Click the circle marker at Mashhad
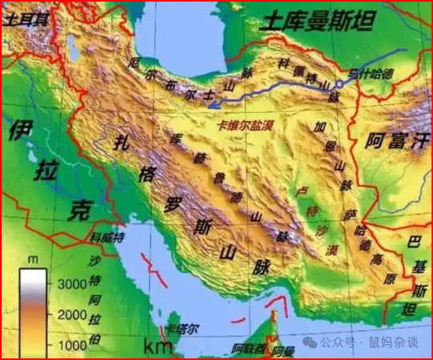point(340,83)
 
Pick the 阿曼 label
point(283,351)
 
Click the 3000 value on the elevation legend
point(71,283)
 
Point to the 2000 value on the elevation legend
point(71,313)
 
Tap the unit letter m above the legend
point(33,260)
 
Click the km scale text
point(157,346)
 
